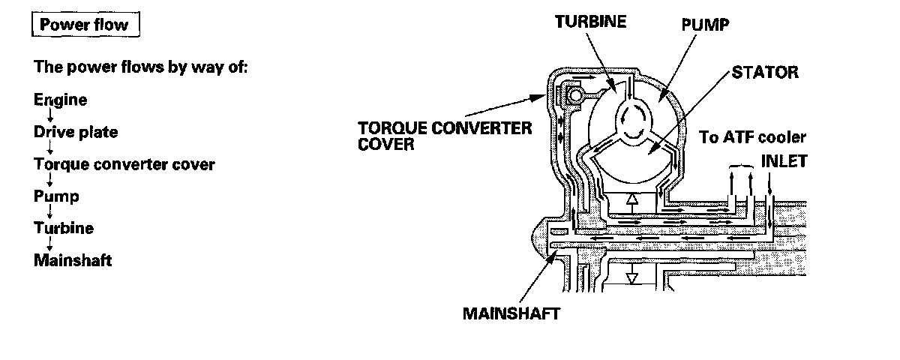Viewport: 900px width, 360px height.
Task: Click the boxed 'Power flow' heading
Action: click(x=84, y=25)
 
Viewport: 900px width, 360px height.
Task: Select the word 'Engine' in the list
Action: click(x=60, y=100)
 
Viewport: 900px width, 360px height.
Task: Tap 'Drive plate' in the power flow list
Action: click(x=76, y=132)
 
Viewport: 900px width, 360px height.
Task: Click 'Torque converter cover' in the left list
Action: click(x=124, y=164)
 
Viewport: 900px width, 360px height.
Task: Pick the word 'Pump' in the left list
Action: click(x=56, y=196)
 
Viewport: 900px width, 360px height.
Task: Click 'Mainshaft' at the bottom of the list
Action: click(x=73, y=261)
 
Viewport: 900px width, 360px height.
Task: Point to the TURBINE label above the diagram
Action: click(x=589, y=22)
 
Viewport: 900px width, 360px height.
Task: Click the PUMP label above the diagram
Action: click(x=705, y=25)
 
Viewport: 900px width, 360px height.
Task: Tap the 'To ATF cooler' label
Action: click(x=752, y=137)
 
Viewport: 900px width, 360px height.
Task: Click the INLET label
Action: click(x=784, y=161)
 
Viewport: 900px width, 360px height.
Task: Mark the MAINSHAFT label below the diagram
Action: click(x=511, y=313)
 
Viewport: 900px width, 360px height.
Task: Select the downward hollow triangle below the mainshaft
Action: click(x=632, y=276)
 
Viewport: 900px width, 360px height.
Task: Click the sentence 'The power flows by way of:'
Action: click(x=141, y=67)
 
